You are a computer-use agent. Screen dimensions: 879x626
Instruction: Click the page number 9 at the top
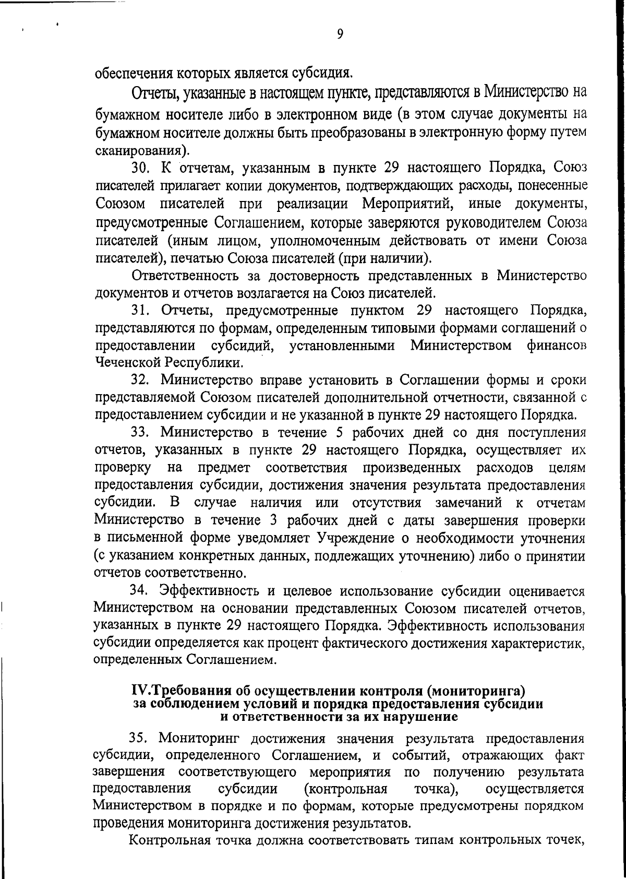(x=340, y=34)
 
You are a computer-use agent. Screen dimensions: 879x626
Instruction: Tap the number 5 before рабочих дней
(x=336, y=432)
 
